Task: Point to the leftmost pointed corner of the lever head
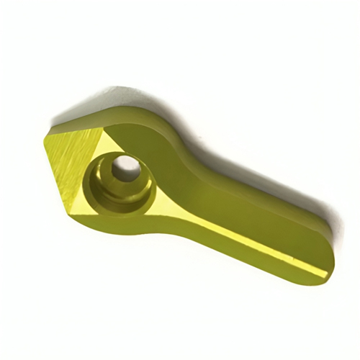click(44, 138)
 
